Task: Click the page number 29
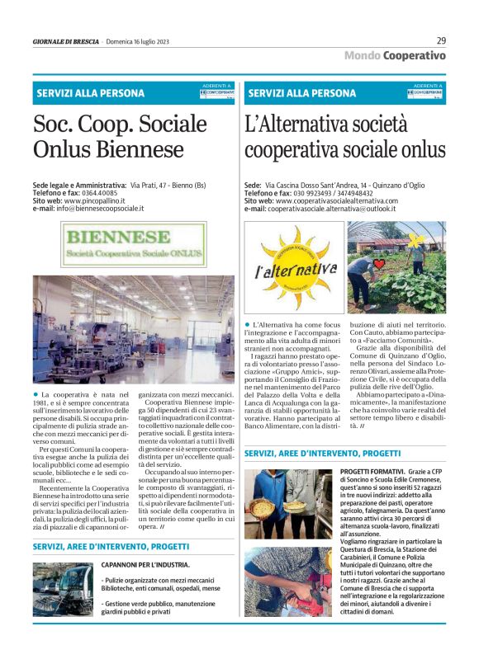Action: click(441, 40)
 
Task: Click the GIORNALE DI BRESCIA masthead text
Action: click(65, 40)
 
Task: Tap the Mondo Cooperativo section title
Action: click(395, 55)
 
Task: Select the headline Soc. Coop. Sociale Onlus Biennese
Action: click(120, 136)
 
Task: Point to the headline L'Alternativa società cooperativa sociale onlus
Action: click(345, 136)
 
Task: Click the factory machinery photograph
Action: click(122, 331)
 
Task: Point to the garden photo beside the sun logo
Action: click(396, 266)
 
